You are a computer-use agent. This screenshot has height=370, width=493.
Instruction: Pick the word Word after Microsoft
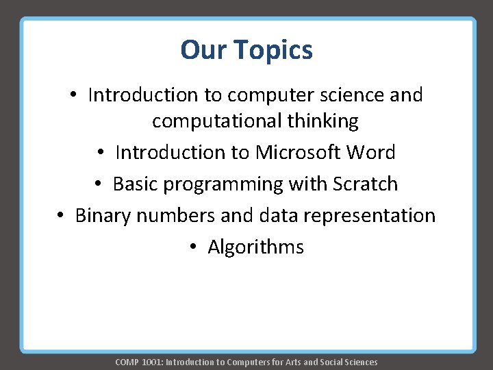click(370, 152)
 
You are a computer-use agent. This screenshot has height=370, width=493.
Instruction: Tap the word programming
click(226, 184)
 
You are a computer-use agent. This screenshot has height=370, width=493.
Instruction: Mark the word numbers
click(177, 215)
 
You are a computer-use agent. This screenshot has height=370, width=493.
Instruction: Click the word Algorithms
click(255, 247)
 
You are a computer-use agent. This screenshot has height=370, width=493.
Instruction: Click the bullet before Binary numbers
click(61, 216)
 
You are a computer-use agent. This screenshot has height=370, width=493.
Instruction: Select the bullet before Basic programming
click(99, 184)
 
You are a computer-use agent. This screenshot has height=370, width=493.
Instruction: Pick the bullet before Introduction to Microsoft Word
click(101, 153)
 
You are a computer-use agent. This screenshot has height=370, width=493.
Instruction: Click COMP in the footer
click(127, 362)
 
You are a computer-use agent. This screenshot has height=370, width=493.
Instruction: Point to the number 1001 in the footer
click(151, 362)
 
